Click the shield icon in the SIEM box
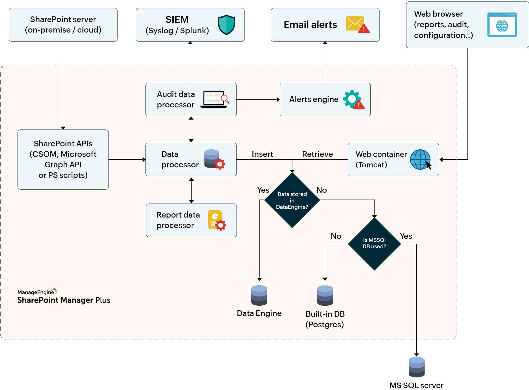[226, 25]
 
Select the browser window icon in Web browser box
[502, 25]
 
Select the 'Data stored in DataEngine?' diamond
[292, 200]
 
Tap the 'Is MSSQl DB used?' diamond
[374, 243]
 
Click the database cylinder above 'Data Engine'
[259, 295]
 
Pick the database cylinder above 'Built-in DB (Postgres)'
[325, 295]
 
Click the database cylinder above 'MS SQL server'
[416, 367]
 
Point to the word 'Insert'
[262, 154]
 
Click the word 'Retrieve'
[317, 154]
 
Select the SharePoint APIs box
[63, 159]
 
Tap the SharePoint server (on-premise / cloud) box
[63, 25]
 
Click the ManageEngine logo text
[36, 292]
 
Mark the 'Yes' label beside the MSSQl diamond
[406, 236]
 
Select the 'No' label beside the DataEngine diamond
[321, 190]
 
